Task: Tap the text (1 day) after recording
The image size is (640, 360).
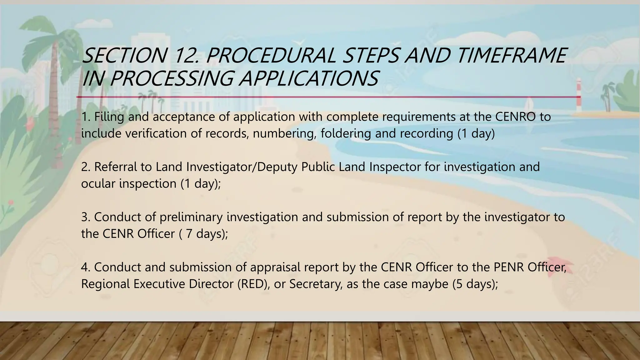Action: click(x=476, y=133)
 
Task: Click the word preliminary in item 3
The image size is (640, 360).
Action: click(x=191, y=217)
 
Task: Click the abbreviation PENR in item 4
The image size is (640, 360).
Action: click(x=509, y=267)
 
